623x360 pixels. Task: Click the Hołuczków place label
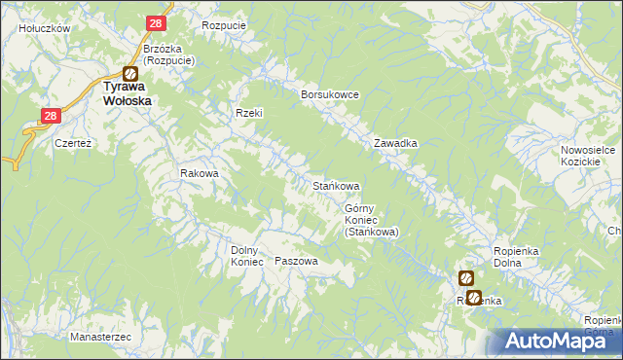click(x=45, y=29)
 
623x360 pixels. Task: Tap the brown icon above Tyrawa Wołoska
click(x=128, y=72)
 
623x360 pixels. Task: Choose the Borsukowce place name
click(x=331, y=93)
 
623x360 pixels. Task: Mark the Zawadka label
click(x=396, y=143)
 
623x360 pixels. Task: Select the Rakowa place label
click(x=200, y=174)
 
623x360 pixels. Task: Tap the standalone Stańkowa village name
click(x=336, y=185)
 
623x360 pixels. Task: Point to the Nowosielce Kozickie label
click(x=584, y=156)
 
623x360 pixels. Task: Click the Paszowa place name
click(x=297, y=262)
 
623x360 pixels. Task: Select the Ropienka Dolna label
click(x=517, y=257)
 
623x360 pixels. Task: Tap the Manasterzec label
click(x=100, y=337)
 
